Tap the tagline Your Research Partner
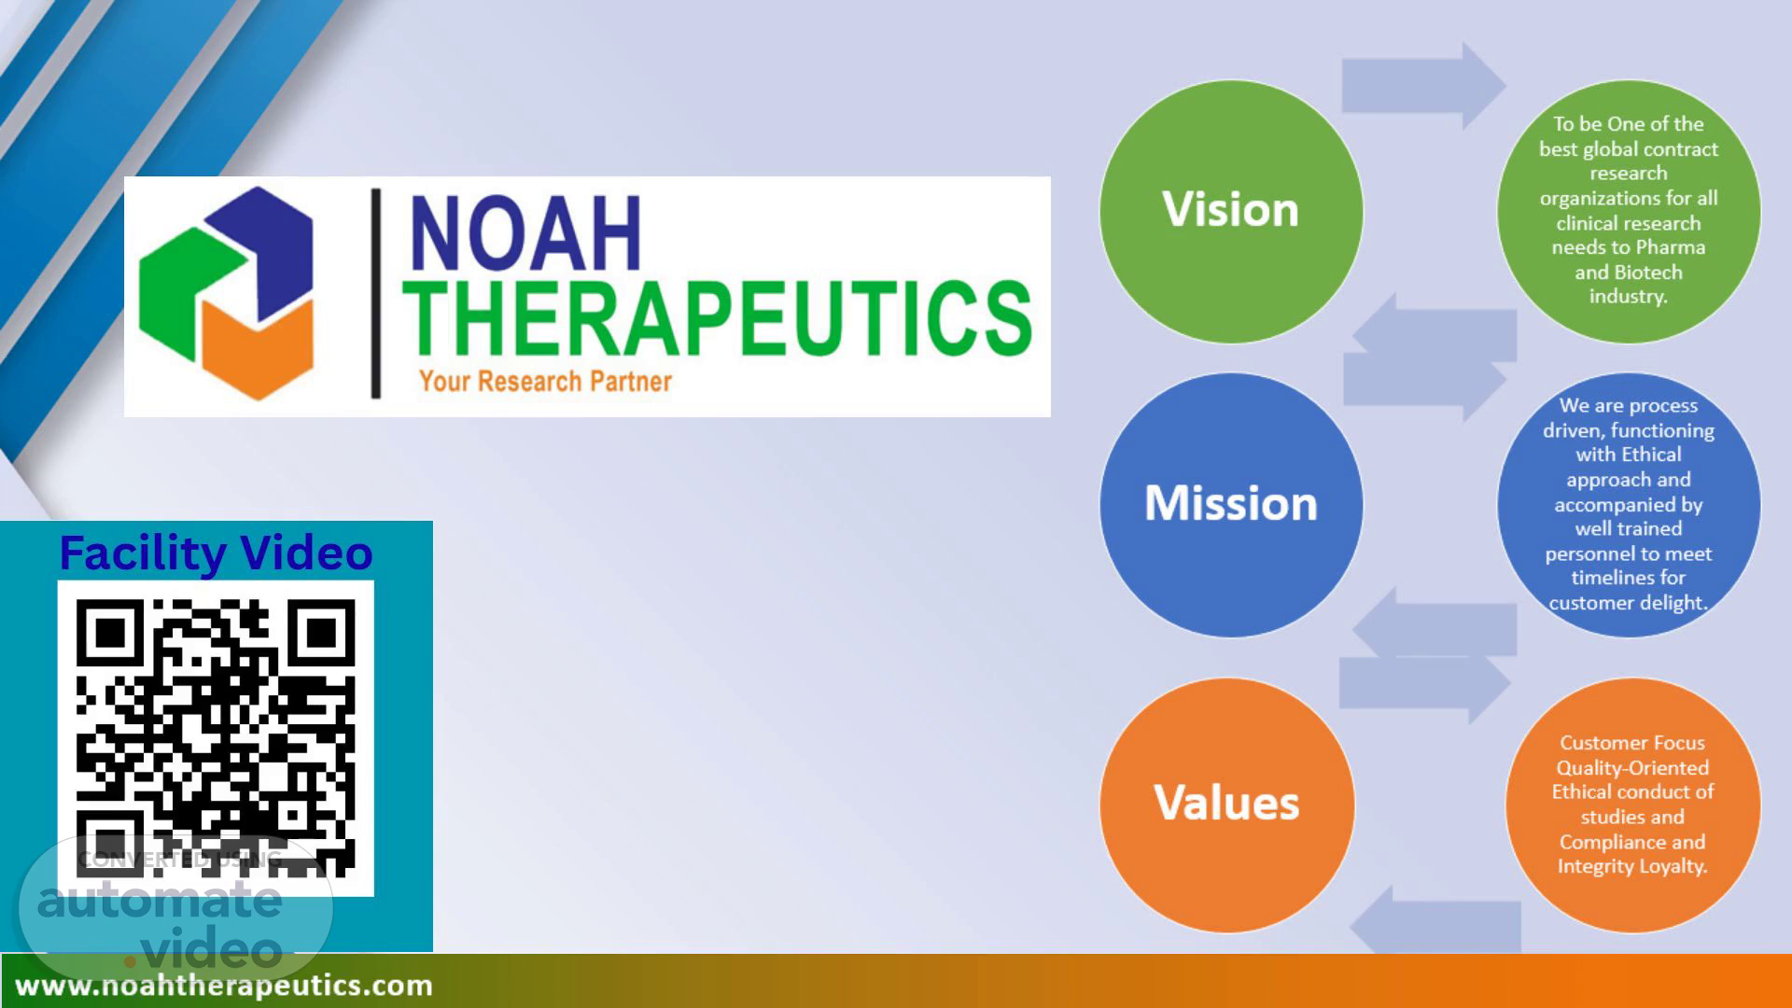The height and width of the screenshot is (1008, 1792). [545, 381]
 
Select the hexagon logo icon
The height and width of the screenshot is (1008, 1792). [226, 293]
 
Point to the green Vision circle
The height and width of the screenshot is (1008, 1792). [1231, 211]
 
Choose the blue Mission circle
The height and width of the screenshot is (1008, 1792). [1231, 505]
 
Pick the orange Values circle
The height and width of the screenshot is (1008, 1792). [1226, 805]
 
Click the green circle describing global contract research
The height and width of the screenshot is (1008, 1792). [1629, 211]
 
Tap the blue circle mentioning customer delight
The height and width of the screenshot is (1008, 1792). [1629, 505]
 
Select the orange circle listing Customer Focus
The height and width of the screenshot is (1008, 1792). [1633, 805]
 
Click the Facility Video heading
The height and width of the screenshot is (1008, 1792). [216, 553]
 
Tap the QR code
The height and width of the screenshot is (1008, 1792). [216, 738]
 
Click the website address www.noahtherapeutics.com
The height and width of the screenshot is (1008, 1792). [224, 986]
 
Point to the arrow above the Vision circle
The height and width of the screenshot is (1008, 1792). [1423, 86]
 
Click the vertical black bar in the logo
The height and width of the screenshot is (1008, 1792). [376, 293]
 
